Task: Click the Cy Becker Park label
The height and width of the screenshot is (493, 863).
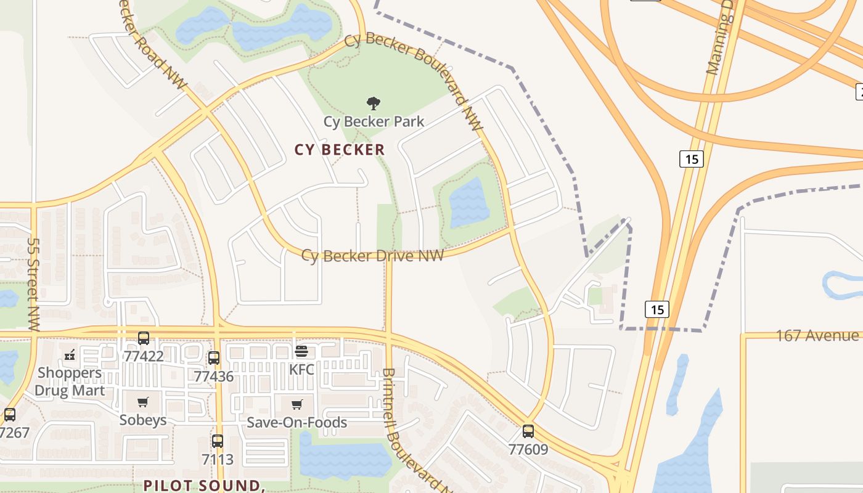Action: pyautogui.click(x=374, y=121)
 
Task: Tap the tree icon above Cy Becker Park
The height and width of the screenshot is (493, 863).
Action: pyautogui.click(x=373, y=103)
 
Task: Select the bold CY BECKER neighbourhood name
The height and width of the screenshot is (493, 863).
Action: pyautogui.click(x=340, y=150)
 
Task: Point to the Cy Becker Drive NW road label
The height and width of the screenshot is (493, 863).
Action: pyautogui.click(x=372, y=256)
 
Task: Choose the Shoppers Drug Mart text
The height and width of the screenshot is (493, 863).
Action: pyautogui.click(x=70, y=381)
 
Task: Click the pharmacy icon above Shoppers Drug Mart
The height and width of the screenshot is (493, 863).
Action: pyautogui.click(x=70, y=354)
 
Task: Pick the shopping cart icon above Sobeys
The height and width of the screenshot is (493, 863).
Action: pyautogui.click(x=143, y=402)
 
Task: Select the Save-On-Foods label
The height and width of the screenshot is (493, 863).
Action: pyautogui.click(x=297, y=423)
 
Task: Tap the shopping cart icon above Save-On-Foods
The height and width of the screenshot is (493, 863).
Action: pyautogui.click(x=297, y=404)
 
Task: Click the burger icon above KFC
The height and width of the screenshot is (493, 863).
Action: pyautogui.click(x=301, y=351)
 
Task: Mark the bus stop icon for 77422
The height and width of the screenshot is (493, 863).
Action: pyautogui.click(x=144, y=338)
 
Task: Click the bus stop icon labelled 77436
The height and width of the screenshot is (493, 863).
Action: pyautogui.click(x=214, y=357)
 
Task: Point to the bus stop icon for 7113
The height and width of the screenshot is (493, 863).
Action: pyautogui.click(x=218, y=441)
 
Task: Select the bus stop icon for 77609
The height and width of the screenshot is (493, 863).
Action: pyautogui.click(x=528, y=431)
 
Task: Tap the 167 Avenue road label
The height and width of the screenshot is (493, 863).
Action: pyautogui.click(x=817, y=336)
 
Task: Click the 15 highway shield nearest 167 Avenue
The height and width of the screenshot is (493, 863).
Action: pyautogui.click(x=657, y=309)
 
